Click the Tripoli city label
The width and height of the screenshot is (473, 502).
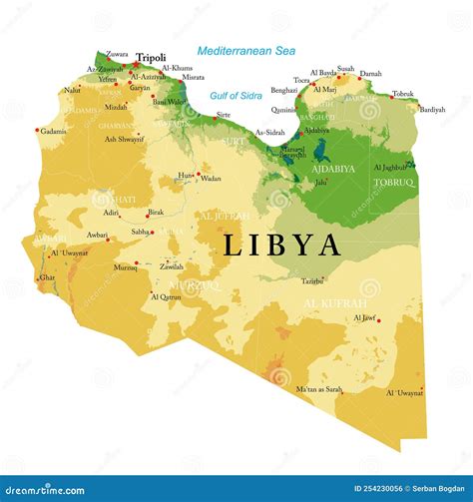tap(151, 58)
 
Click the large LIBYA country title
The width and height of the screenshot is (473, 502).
tap(281, 245)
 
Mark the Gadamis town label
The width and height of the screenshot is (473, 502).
tap(53, 131)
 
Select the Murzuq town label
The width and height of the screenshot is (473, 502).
tap(125, 268)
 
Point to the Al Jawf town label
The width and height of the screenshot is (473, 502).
tap(364, 317)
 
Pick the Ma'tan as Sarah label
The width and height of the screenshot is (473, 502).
tap(318, 388)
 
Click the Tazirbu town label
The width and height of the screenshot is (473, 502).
tap(313, 281)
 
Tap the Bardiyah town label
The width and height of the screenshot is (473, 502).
tap(432, 109)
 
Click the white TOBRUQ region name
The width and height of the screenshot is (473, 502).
tap(393, 183)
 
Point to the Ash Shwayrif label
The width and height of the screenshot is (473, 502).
tap(123, 139)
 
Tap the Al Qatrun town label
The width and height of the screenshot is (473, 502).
tap(167, 296)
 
